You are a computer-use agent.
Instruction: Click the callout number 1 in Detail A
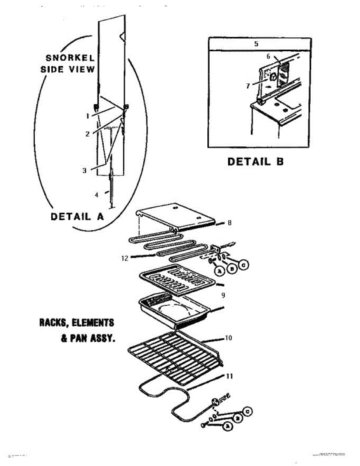88,115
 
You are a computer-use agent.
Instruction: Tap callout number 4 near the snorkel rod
97,195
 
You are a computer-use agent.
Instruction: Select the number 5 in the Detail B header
256,44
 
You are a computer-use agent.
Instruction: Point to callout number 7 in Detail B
248,86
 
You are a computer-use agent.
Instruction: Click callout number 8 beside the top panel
230,223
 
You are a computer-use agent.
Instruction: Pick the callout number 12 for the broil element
125,257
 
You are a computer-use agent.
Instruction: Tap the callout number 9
223,295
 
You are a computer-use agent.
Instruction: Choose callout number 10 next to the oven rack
228,338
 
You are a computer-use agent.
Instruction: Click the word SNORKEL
70,58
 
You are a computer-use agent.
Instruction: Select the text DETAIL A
77,216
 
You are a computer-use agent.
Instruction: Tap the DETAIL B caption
255,161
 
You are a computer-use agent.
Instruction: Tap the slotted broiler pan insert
175,278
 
